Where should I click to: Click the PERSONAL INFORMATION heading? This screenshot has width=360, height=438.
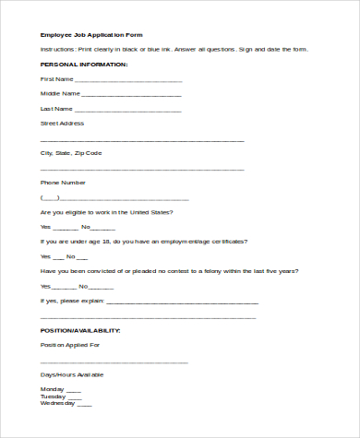(84, 65)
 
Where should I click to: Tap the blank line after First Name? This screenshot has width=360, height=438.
(128, 80)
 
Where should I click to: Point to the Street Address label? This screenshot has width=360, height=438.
(62, 123)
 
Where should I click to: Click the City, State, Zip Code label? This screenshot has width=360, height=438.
(71, 152)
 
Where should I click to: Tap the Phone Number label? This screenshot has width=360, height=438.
(63, 183)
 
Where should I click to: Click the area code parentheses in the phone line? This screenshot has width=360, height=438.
(50, 197)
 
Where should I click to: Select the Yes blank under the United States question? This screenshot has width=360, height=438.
(66, 227)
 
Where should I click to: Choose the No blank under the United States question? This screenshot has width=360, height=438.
(104, 227)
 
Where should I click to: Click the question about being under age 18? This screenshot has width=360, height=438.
(143, 242)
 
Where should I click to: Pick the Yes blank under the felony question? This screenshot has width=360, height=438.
(65, 286)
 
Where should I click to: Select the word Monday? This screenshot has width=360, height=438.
(52, 389)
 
